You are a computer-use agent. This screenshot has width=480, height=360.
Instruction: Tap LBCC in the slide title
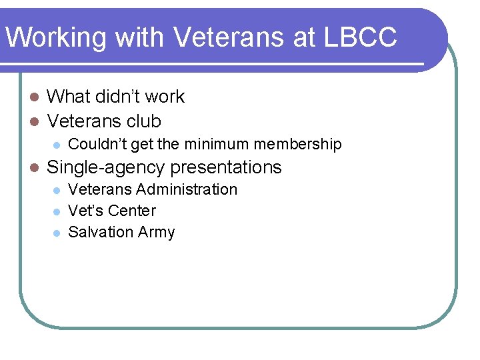(360, 37)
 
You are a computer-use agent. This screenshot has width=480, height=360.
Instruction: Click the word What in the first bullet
(69, 97)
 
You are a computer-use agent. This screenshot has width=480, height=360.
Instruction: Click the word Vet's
(85, 211)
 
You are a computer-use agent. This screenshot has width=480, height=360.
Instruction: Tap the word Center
(131, 211)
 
